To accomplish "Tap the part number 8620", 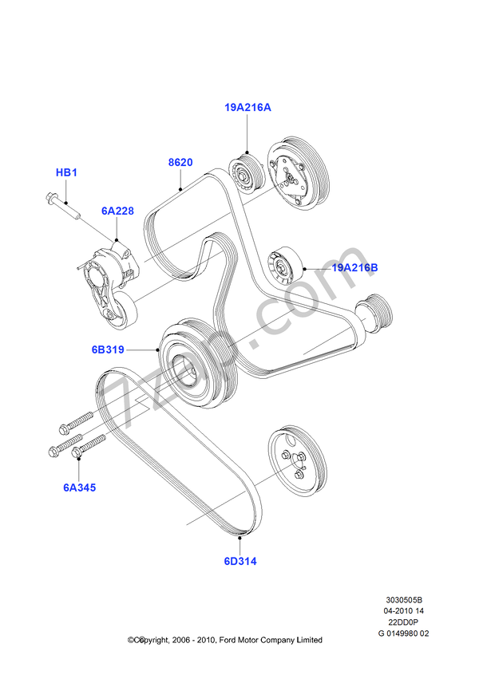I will [x=180, y=162].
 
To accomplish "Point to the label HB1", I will [x=65, y=172].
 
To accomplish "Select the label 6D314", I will [x=239, y=560].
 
